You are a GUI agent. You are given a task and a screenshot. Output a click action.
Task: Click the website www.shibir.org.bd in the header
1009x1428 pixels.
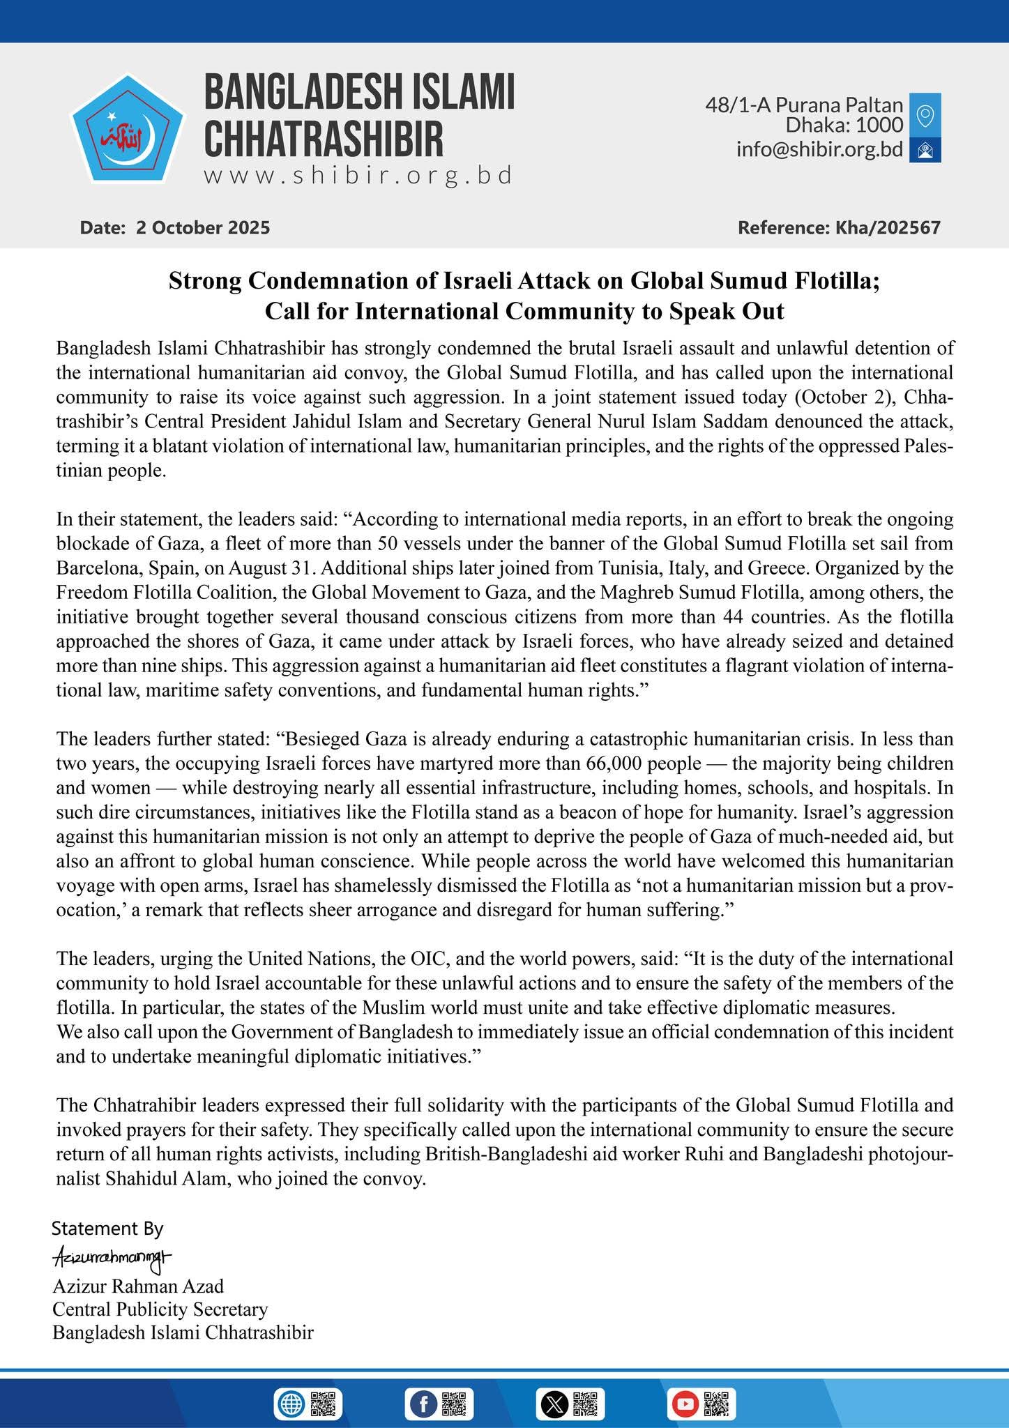pos(358,175)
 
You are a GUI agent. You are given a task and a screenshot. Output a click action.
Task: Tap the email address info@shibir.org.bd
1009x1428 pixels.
pos(819,149)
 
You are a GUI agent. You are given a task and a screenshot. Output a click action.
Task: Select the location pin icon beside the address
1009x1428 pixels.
pos(925,115)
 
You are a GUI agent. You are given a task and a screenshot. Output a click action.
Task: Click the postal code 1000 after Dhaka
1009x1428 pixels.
pos(879,126)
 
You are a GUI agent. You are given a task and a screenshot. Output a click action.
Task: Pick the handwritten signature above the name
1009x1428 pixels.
pos(112,1258)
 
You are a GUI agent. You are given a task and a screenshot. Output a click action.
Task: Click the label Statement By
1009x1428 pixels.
pos(107,1227)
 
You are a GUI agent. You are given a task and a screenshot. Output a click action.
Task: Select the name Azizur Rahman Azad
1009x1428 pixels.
pos(138,1285)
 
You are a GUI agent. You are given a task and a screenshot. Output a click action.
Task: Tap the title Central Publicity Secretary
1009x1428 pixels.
pos(160,1309)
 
